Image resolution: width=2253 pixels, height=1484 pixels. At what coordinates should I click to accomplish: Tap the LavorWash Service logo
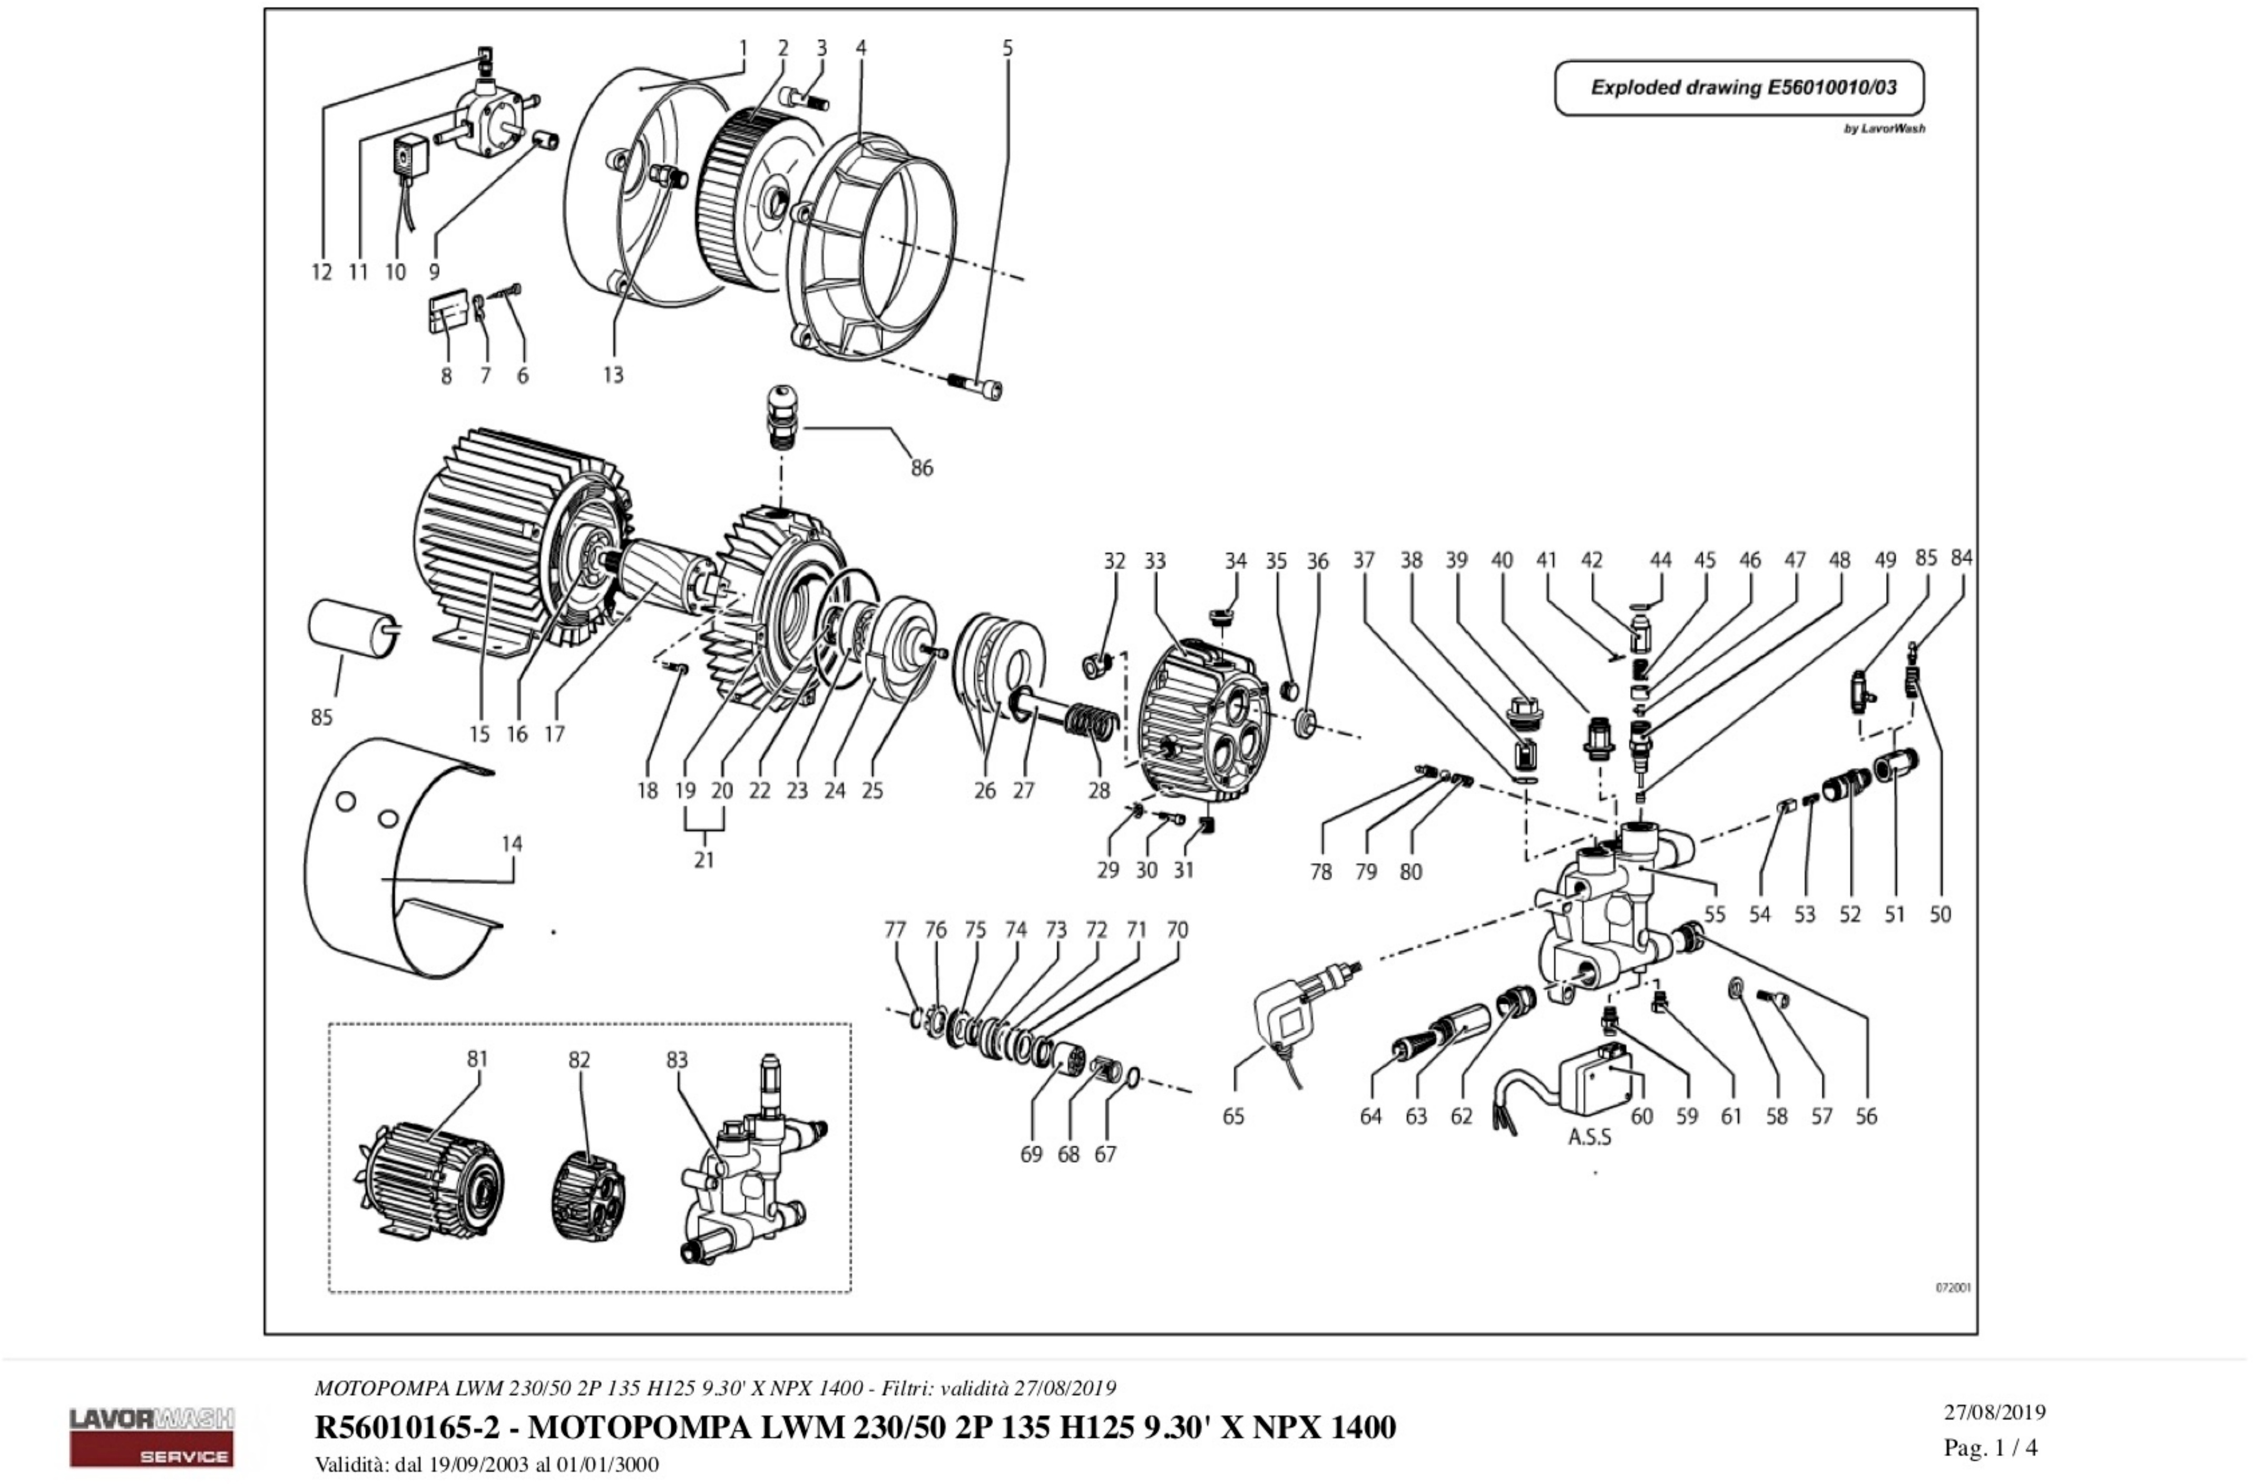[151, 1436]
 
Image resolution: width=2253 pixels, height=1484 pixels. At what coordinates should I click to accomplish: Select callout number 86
[921, 467]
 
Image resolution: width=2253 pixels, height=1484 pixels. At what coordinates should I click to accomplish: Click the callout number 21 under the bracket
[703, 859]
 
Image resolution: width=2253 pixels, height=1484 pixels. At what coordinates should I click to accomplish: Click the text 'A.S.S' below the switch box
[1590, 1137]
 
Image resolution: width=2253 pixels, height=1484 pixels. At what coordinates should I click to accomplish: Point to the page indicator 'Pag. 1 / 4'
[1990, 1447]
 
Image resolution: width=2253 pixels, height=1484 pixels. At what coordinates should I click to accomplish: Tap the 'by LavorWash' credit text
[1883, 129]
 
